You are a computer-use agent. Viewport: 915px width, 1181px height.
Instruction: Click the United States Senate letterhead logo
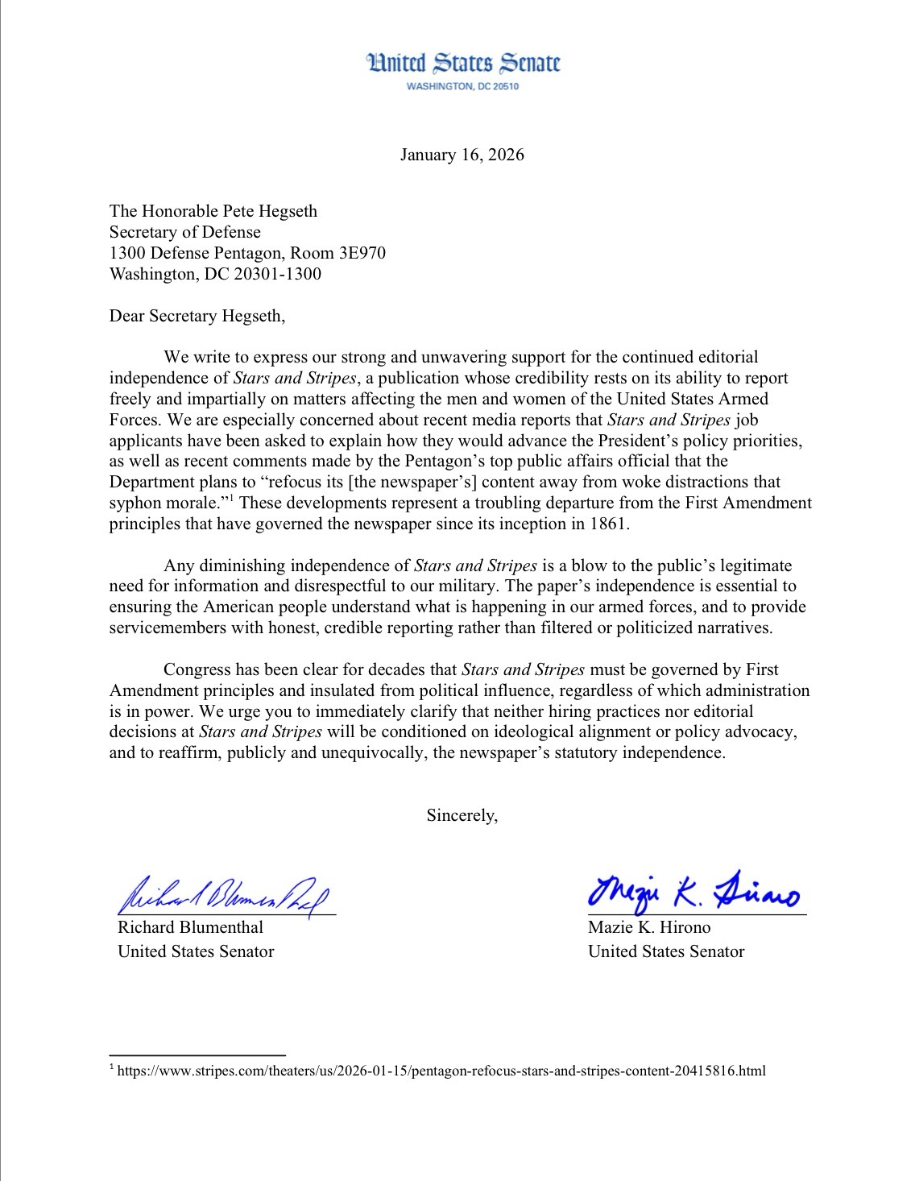pos(463,64)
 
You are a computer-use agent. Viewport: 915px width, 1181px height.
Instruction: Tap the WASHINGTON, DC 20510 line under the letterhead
pos(463,86)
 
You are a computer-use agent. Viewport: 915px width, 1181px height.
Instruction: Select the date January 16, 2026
pos(462,155)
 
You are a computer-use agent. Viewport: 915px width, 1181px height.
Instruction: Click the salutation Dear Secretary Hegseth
pos(197,316)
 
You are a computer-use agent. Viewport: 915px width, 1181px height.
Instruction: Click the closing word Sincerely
pos(462,815)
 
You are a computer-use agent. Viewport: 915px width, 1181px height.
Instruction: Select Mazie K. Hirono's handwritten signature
pos(693,891)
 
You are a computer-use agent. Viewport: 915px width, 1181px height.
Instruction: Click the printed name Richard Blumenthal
pos(190,927)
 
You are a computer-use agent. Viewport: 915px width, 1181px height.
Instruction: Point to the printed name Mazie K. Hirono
pos(649,927)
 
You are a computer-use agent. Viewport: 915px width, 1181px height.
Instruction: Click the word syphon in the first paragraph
pos(135,503)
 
